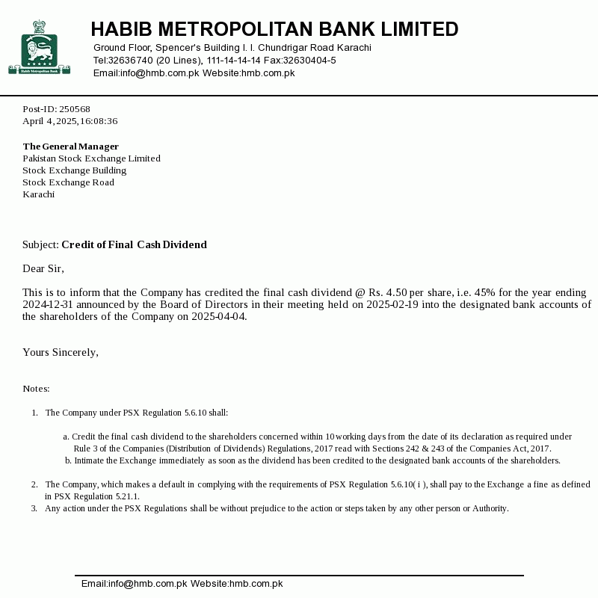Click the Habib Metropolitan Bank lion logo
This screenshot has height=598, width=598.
39,49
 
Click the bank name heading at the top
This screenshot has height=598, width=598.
274,29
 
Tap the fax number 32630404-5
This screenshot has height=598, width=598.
309,61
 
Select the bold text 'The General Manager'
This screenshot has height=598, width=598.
70,147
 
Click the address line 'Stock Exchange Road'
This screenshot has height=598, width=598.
68,182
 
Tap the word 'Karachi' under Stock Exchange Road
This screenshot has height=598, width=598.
38,194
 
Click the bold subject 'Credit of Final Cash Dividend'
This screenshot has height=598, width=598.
134,244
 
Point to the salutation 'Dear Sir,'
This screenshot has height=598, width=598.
43,268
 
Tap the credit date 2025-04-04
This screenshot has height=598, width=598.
218,316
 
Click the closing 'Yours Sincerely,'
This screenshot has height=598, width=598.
60,352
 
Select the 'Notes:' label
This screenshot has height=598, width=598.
36,389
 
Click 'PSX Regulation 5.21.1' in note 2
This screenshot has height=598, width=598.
91,496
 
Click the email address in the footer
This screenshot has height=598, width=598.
134,584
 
